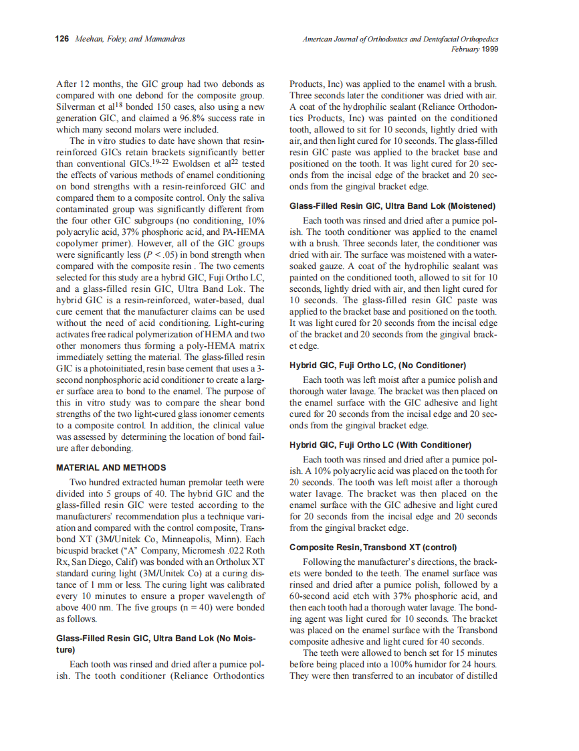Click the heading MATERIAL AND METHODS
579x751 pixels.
(x=111, y=467)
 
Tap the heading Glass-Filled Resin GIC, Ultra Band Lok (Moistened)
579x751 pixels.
(x=392, y=205)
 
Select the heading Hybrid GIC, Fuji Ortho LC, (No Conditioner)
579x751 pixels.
(x=378, y=365)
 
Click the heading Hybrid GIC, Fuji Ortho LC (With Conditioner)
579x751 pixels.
(x=380, y=444)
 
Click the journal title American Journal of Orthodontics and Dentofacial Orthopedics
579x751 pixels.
(x=400, y=39)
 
